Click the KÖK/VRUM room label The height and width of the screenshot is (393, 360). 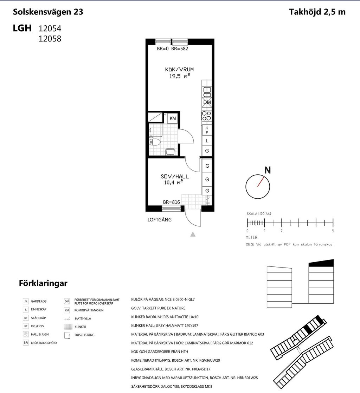coord(179,70)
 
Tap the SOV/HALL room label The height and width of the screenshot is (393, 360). coord(175,176)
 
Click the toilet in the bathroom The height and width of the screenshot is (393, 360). coord(154,142)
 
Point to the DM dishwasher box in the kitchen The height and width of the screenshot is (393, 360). coord(207,102)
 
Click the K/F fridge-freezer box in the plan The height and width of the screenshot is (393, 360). coord(207,130)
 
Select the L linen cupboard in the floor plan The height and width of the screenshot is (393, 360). coord(207,141)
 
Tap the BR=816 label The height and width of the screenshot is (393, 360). coord(172,202)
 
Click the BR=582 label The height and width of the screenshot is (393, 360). coord(180,49)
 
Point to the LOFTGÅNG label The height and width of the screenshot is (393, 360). coord(159,220)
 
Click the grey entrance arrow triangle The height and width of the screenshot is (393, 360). coord(193,234)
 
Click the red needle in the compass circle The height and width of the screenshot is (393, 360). coord(261,182)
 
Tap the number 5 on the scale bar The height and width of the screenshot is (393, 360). coord(333,231)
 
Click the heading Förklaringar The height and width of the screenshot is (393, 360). coord(43,283)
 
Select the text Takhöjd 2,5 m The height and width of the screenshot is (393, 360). coord(317,12)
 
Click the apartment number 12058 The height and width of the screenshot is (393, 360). coord(50,39)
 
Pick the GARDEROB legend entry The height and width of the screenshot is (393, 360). coord(39,302)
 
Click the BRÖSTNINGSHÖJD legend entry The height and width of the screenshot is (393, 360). coord(44,343)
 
